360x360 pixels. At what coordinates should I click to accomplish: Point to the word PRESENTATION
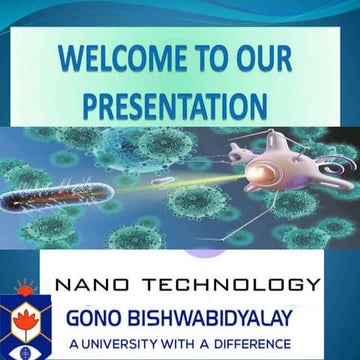(x=175, y=104)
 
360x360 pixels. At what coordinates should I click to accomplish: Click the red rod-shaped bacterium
(x=41, y=200)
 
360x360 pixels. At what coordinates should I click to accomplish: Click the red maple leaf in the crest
(x=22, y=321)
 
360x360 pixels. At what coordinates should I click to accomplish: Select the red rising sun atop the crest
(x=22, y=291)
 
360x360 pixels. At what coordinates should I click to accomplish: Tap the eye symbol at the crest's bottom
(x=22, y=350)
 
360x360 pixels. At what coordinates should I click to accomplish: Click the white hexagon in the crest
(x=22, y=322)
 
